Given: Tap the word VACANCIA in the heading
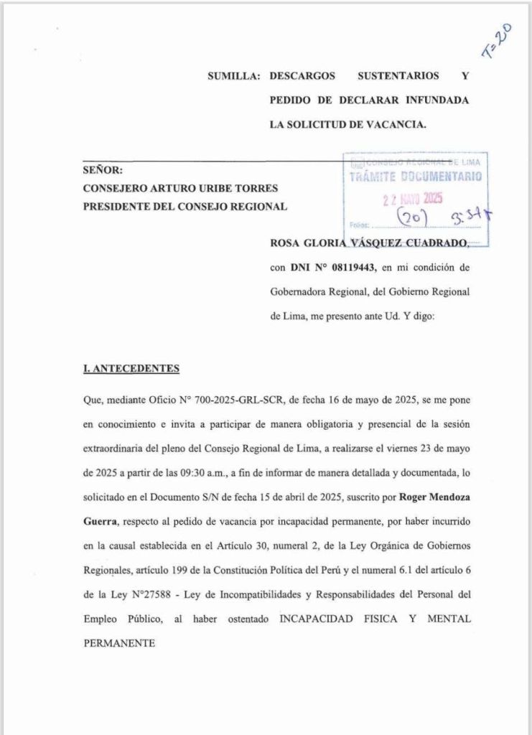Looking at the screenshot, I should pos(396,124).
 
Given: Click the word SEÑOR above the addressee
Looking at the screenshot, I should pos(103,171).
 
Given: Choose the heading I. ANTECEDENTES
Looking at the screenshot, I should pos(131,369).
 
